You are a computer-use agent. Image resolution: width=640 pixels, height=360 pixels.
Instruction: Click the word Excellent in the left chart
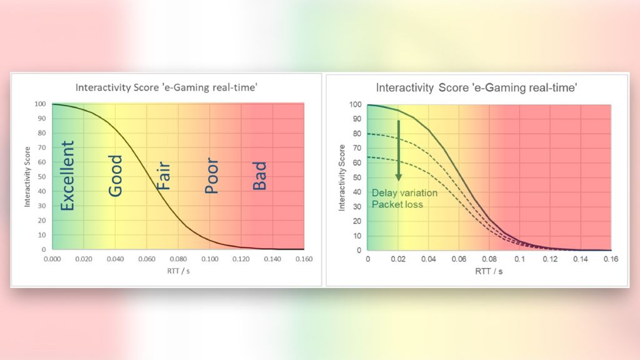(68, 175)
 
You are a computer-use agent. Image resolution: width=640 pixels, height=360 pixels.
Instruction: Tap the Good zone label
(116, 176)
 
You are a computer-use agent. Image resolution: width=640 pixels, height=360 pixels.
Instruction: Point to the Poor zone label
(212, 177)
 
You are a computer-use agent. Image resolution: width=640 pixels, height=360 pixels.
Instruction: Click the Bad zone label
(259, 176)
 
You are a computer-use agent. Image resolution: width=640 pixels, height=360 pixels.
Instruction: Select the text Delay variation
(404, 193)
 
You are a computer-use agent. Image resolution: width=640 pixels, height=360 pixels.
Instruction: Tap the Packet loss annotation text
(397, 204)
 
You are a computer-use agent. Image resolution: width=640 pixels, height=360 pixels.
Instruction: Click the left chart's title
(165, 87)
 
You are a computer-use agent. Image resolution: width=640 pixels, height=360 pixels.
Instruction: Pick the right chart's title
(476, 88)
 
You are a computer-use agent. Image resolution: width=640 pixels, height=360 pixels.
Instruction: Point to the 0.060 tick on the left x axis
(147, 258)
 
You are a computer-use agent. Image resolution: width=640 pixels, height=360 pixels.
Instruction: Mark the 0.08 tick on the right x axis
(489, 259)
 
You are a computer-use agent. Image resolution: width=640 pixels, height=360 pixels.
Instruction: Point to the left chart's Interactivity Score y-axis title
(27, 177)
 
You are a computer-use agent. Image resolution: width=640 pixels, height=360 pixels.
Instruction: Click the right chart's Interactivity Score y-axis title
(342, 177)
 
